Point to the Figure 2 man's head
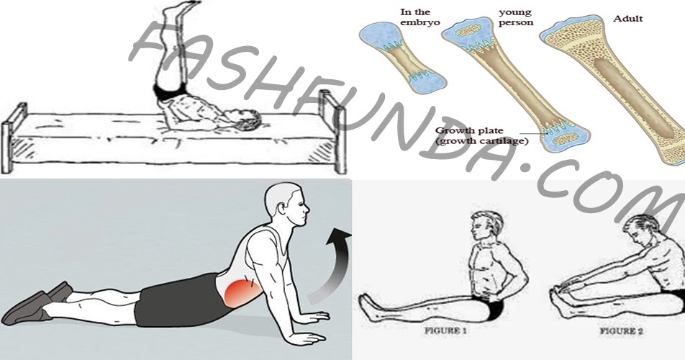pyautogui.click(x=640, y=231)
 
